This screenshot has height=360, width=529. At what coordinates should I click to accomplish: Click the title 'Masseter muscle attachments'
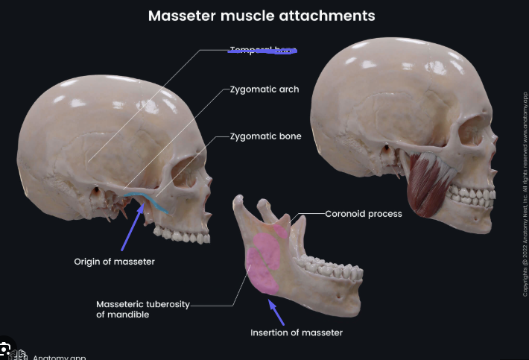[261, 15]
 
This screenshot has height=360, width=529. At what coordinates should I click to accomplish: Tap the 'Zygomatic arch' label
[264, 89]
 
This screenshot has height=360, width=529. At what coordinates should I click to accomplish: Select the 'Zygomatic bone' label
[265, 137]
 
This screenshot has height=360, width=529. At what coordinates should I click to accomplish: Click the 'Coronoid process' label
[364, 214]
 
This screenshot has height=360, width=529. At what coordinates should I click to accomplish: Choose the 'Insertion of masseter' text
[297, 332]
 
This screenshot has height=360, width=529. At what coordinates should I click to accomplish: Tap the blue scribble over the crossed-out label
[263, 51]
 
